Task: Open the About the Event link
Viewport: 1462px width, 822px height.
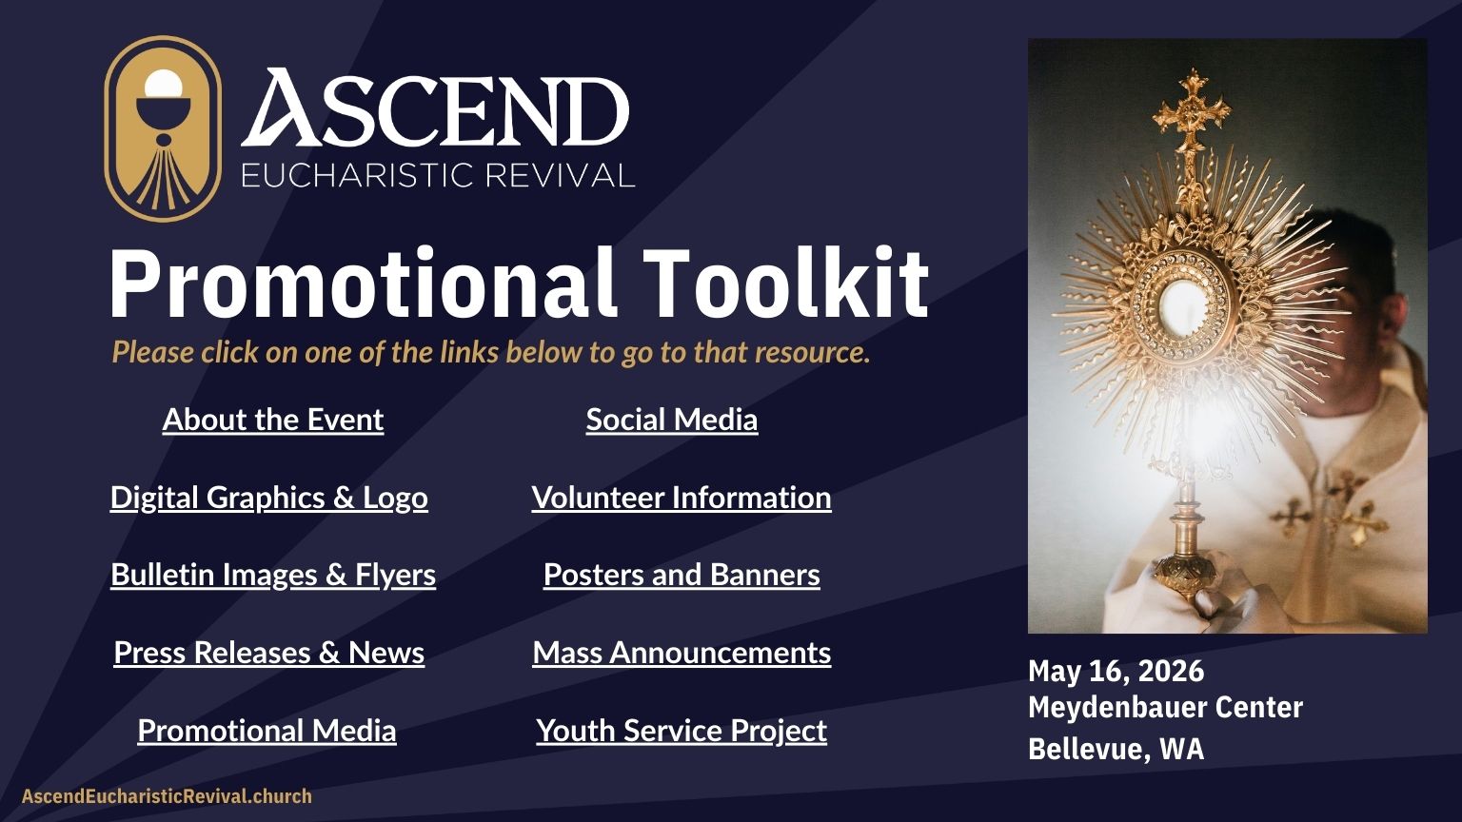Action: tap(273, 420)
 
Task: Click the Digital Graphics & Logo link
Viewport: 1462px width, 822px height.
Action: tap(268, 498)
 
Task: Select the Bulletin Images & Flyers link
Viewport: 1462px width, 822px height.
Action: tap(273, 575)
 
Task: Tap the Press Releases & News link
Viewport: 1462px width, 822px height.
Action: tap(268, 653)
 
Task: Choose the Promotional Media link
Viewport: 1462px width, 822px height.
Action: tap(267, 731)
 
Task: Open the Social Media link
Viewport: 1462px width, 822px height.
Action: tap(672, 420)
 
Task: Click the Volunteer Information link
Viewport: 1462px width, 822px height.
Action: tap(682, 498)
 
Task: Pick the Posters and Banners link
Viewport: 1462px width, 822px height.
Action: tap(682, 575)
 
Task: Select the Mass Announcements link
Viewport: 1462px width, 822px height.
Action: tap(682, 653)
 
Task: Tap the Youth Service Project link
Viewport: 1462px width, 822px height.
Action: tap(682, 731)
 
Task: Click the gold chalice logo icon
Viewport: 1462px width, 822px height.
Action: tap(162, 129)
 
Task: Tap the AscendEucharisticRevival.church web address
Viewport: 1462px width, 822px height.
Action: tap(167, 796)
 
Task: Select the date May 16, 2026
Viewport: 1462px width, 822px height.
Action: tap(1116, 672)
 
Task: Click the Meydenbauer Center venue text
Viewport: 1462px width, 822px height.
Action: tap(1165, 708)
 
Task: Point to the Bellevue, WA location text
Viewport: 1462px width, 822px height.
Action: tap(1116, 749)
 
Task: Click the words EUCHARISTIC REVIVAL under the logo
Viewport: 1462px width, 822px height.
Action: tap(438, 176)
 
